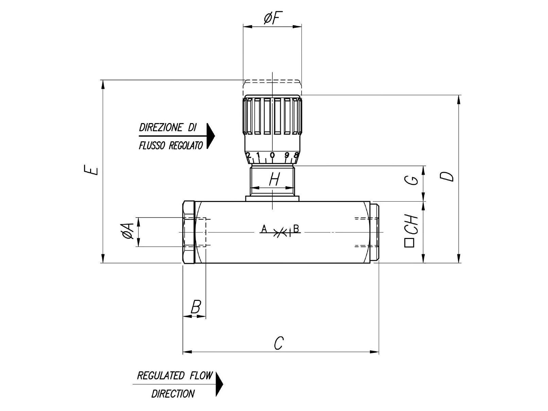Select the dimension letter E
tap(94, 171)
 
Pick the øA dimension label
tap(128, 231)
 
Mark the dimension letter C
tap(278, 343)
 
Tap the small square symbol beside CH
tap(409, 243)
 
